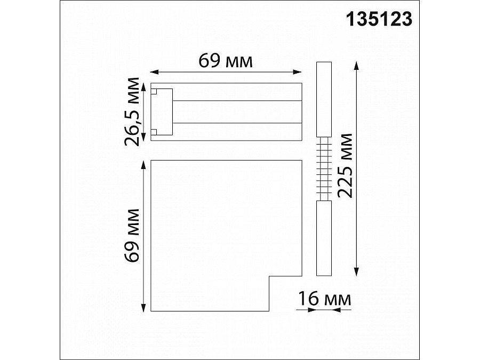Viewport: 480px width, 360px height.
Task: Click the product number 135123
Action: tap(379, 19)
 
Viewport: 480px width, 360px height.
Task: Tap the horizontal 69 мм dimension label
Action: tap(226, 61)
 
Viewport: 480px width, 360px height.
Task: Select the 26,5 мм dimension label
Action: tap(132, 112)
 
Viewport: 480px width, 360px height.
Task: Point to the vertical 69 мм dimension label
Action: tap(132, 235)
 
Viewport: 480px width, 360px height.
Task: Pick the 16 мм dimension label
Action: tap(324, 299)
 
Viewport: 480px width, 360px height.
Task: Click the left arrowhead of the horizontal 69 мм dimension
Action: tap(154, 72)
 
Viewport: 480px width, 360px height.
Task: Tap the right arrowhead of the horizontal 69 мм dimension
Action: tap(297, 72)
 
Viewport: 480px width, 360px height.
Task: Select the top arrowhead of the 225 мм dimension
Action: tap(356, 66)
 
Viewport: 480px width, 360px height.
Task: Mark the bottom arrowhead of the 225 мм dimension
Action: tap(356, 271)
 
